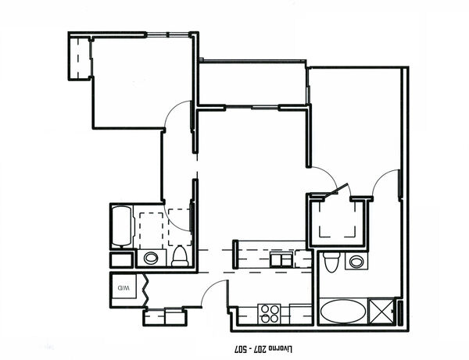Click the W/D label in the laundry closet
124,288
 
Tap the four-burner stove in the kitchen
270,314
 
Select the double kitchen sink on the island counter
281,259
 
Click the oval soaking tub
343,312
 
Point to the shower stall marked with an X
381,311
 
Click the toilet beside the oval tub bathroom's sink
331,262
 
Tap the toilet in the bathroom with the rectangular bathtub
180,256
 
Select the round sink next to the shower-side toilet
356,262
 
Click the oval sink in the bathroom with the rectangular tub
151,258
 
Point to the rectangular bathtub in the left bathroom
122,226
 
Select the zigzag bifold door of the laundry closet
146,290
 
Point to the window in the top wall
168,34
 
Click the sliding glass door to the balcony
252,108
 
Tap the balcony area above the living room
252,84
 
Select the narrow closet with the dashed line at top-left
79,57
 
